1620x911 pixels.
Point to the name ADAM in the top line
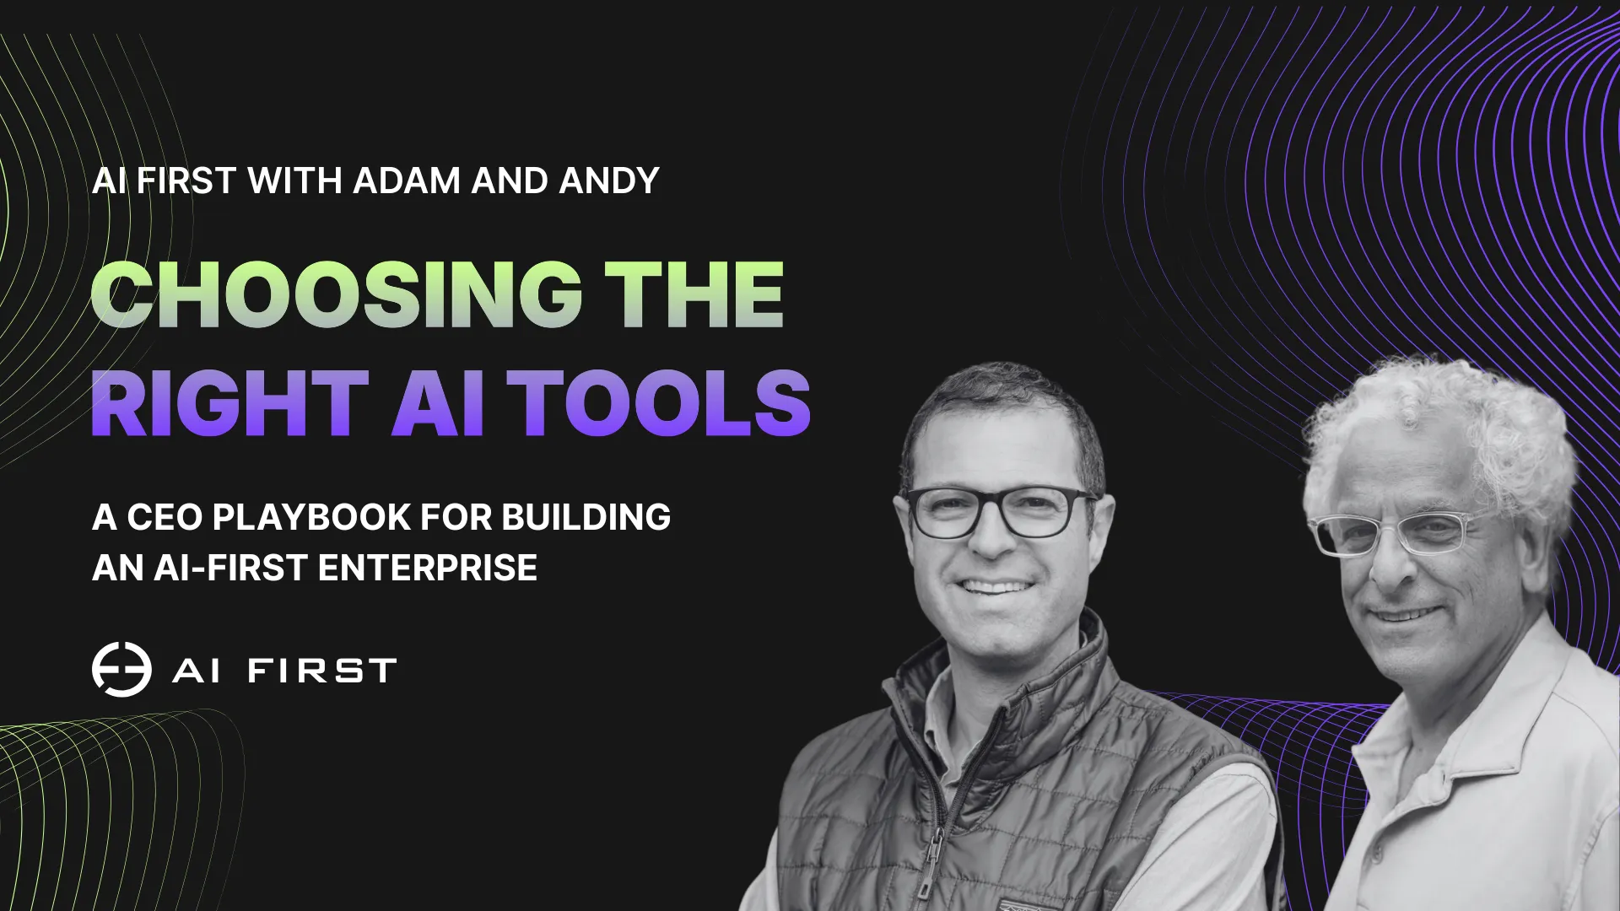click(x=407, y=181)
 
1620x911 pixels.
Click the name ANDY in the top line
click(x=608, y=181)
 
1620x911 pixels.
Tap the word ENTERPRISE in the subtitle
click(x=428, y=568)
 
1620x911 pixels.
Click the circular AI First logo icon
click(x=121, y=670)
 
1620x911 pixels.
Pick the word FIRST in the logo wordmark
click(x=321, y=671)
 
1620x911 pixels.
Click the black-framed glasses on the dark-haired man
click(x=1000, y=512)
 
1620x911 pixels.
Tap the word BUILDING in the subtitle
click(x=586, y=517)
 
